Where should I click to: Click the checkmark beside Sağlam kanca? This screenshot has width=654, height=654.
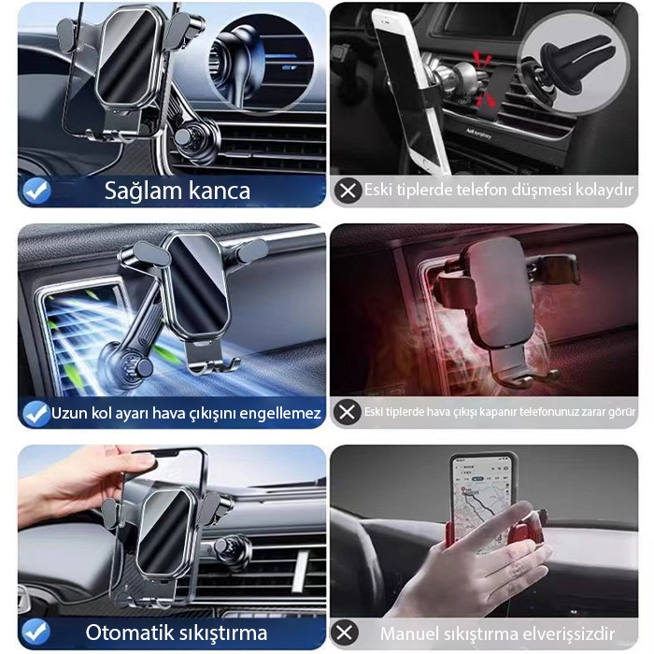[x=36, y=191]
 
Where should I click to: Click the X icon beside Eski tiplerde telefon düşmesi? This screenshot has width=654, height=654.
[x=348, y=191]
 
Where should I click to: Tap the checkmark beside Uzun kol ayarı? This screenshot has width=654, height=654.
[x=36, y=413]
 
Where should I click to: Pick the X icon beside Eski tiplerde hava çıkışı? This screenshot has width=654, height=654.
[x=347, y=412]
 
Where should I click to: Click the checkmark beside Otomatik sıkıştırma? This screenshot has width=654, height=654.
[x=36, y=632]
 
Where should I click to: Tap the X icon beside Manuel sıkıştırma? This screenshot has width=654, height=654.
[x=345, y=633]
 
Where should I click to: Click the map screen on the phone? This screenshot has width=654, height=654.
[x=481, y=499]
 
